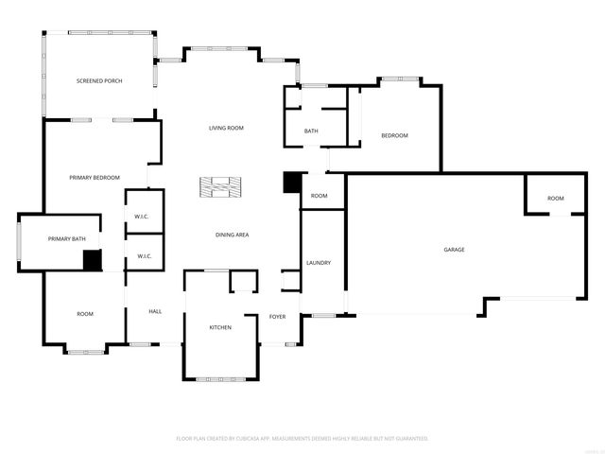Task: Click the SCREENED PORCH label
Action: pyautogui.click(x=99, y=80)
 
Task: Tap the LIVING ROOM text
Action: pyautogui.click(x=227, y=128)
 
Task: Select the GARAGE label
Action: pyautogui.click(x=454, y=250)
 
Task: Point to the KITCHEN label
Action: pyautogui.click(x=220, y=327)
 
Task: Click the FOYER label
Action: pyautogui.click(x=277, y=317)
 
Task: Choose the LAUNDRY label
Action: pyautogui.click(x=317, y=262)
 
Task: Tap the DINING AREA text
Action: pyautogui.click(x=232, y=235)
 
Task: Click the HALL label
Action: pyautogui.click(x=155, y=311)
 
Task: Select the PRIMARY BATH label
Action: pyautogui.click(x=67, y=238)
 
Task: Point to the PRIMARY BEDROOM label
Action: pyautogui.click(x=95, y=178)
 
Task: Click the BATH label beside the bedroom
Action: pyautogui.click(x=310, y=131)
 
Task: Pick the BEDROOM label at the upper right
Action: pyautogui.click(x=394, y=136)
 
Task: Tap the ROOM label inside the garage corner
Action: pyautogui.click(x=555, y=199)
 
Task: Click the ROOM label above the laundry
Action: pyautogui.click(x=320, y=196)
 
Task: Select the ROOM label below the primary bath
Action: pyautogui.click(x=85, y=314)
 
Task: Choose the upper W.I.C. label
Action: pyautogui.click(x=142, y=217)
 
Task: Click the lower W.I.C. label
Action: pyautogui.click(x=145, y=256)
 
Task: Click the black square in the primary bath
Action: pyautogui.click(x=92, y=260)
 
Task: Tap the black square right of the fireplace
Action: pyautogui.click(x=292, y=183)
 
